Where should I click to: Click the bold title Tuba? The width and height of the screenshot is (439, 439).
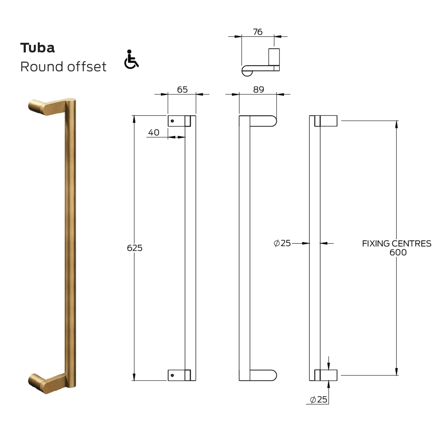click(37, 48)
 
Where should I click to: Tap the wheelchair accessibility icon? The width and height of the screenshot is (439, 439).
click(131, 59)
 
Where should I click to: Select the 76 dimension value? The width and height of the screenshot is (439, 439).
click(257, 32)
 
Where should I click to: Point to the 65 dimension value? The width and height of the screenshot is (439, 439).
click(182, 90)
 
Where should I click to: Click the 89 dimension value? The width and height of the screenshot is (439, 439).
click(259, 90)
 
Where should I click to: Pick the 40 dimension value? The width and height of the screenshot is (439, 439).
click(154, 133)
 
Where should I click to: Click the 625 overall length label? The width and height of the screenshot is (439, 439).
click(134, 248)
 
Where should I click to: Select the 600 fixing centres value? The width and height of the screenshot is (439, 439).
click(398, 253)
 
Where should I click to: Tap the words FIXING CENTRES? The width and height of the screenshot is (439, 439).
click(396, 244)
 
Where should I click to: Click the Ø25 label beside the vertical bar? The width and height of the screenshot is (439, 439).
click(282, 243)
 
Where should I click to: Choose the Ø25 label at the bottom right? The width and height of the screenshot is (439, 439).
click(318, 399)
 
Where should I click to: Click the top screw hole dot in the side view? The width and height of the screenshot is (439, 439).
click(172, 121)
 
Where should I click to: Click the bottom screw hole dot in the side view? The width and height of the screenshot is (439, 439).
click(172, 375)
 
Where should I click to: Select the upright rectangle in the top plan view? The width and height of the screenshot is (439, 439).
click(274, 57)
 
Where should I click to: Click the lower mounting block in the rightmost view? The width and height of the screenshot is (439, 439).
click(328, 375)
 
